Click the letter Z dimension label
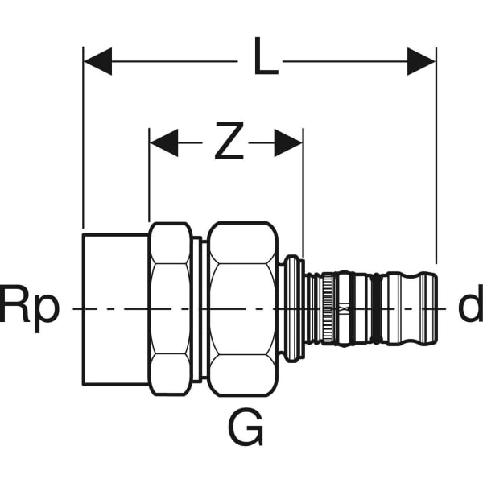[229, 143]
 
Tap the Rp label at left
[30, 308]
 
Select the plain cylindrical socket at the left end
[115, 308]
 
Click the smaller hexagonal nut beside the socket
[171, 308]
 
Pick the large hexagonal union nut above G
[242, 308]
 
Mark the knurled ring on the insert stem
[328, 308]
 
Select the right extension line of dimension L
[436, 161]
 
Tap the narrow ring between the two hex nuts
[197, 308]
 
